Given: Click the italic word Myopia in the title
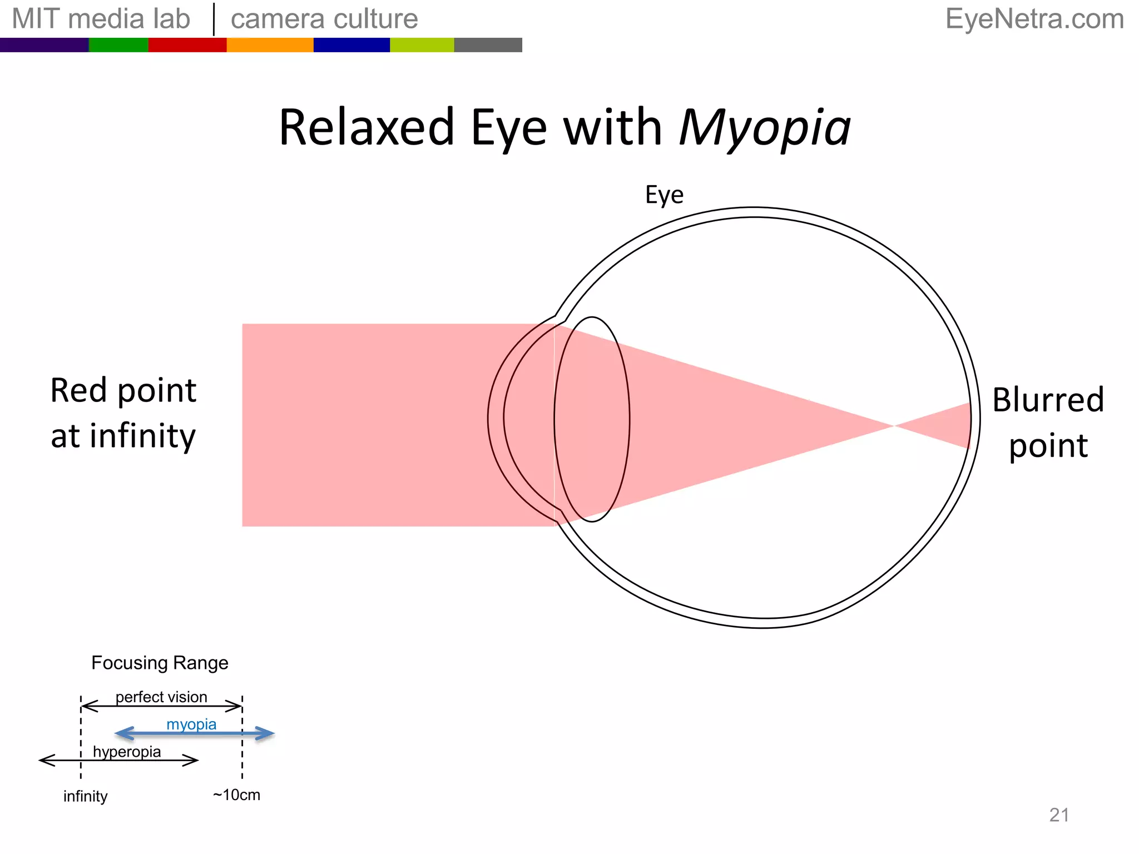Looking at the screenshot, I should coord(765,129).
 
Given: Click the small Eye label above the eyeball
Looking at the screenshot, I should coord(664,195).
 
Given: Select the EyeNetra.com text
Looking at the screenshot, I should coord(1034,19).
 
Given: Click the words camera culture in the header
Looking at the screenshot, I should coord(324,19).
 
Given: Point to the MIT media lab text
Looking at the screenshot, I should coord(101,19).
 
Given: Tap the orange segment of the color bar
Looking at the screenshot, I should coord(270,45).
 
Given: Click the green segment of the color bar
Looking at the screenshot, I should coord(118,45).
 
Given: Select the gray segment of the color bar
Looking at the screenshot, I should coord(488,45).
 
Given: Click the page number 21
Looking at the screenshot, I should coord(1059,815).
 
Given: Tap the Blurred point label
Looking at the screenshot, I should coord(1048,423).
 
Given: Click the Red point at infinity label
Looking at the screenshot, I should coord(123,413).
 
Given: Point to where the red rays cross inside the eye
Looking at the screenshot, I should coord(893,426).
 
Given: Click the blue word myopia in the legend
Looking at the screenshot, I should coord(191,724).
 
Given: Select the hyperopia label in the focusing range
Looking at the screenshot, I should coord(127,752).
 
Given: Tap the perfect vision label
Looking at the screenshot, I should coord(161,697).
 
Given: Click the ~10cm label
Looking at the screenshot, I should coord(236,795).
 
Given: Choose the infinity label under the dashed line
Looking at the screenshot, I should coord(85,796).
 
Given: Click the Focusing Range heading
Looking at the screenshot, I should coord(160,663).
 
